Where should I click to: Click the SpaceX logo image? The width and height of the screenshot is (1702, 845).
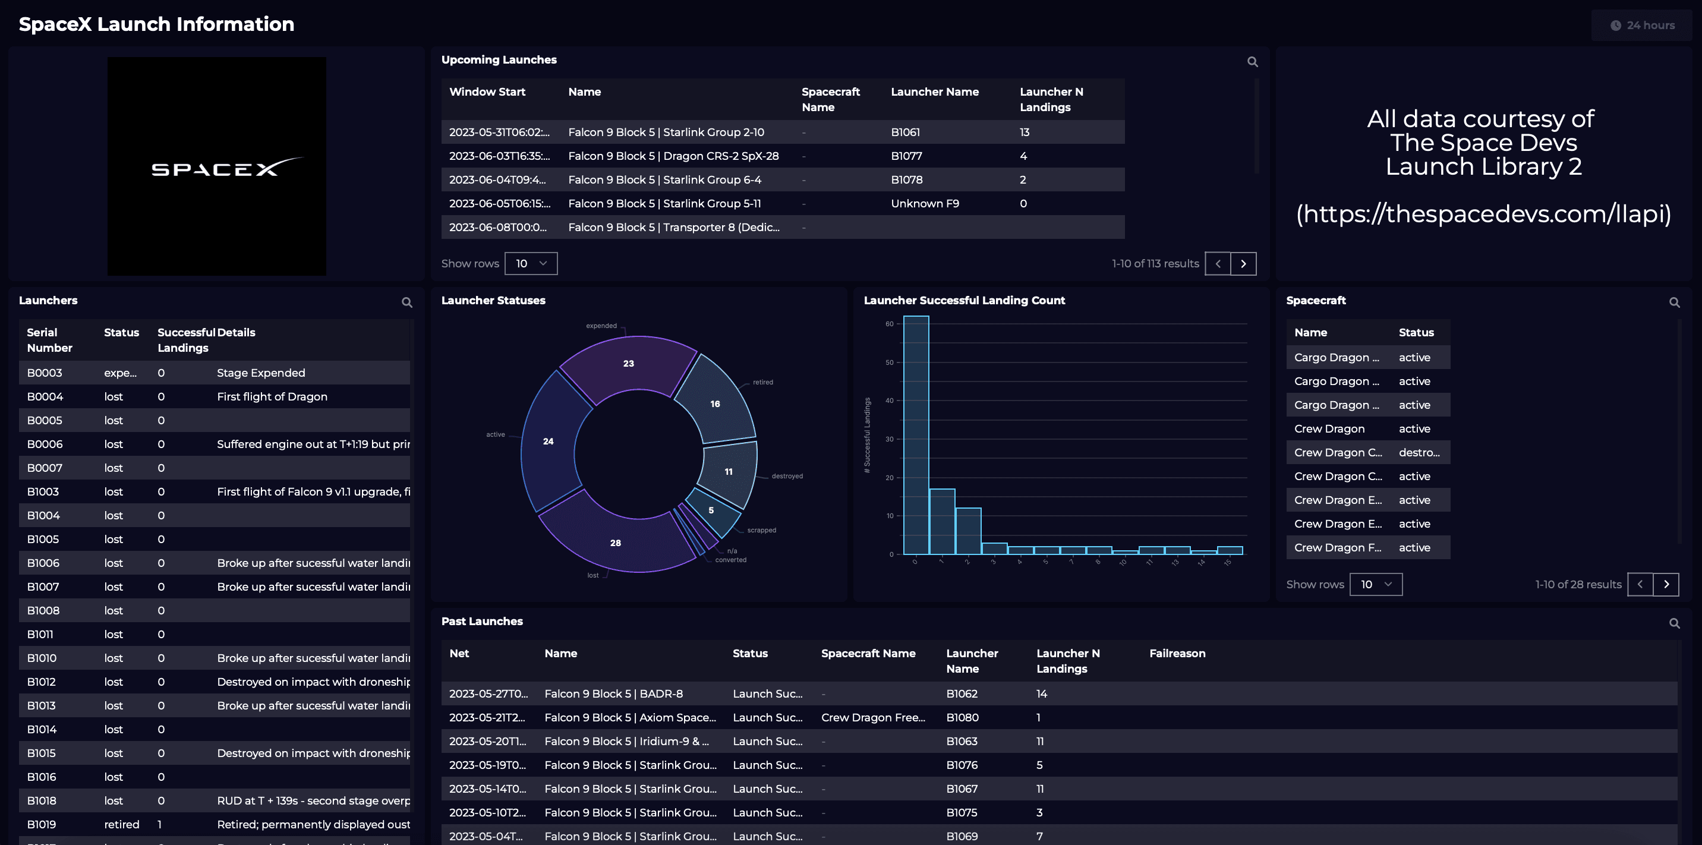coord(217,166)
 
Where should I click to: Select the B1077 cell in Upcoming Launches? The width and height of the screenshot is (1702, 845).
coord(906,156)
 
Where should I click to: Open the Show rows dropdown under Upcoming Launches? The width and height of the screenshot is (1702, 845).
coord(531,264)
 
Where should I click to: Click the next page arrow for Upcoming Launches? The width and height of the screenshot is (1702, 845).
coord(1243,264)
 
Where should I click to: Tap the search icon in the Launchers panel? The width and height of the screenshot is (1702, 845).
coord(407,302)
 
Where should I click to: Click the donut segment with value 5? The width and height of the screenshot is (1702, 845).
coord(711,510)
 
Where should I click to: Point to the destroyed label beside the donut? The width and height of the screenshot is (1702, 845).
coord(787,476)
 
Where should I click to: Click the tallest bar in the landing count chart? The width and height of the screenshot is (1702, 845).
coord(916,436)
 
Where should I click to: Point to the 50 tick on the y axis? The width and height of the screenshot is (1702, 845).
coord(889,362)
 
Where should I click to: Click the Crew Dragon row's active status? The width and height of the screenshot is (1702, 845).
coord(1414,429)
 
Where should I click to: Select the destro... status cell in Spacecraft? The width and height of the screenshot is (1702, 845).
coord(1419,453)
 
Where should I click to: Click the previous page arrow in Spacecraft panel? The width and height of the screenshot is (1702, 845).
coord(1639,584)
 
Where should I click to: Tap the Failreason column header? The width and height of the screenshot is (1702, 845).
coord(1177,654)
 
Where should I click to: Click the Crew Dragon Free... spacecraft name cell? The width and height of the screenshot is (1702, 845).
coord(872,717)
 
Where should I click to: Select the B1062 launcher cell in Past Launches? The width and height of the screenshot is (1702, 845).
coord(962,693)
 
